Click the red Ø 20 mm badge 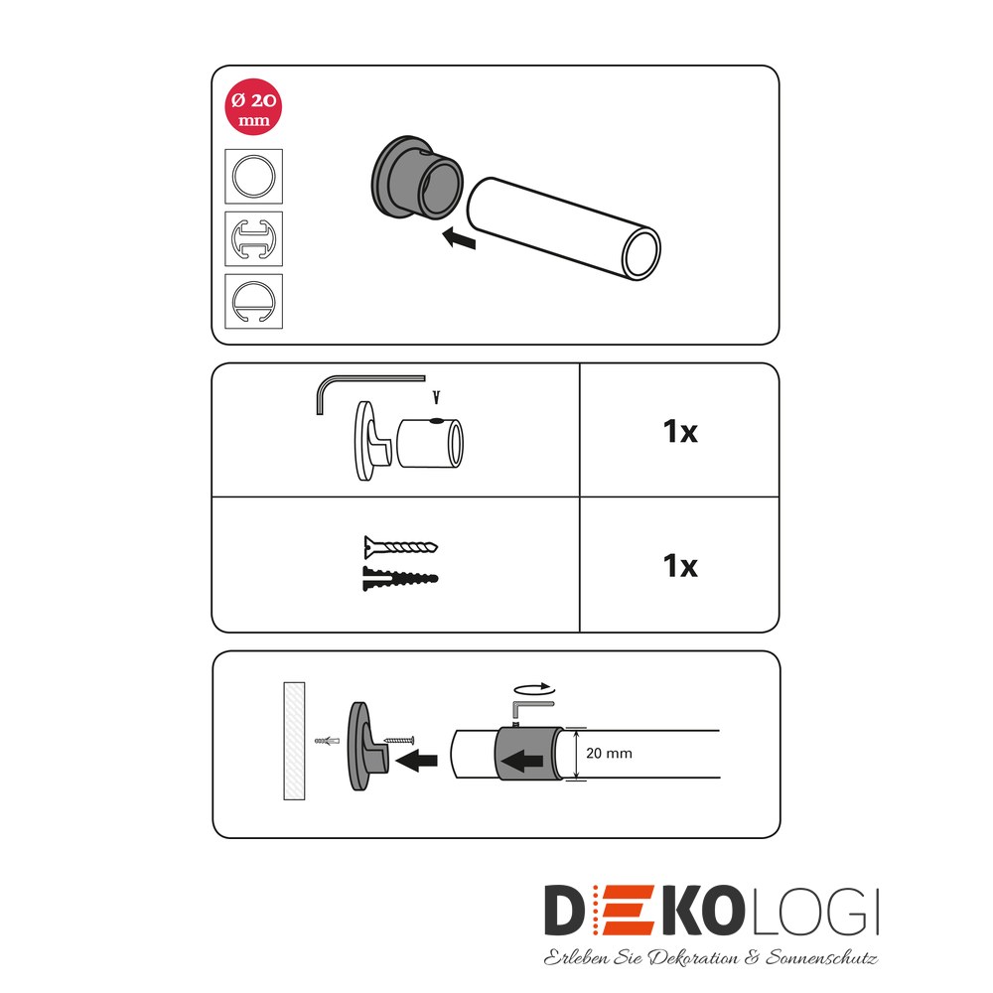(253, 106)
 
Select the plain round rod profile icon (253, 176)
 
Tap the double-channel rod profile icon (253, 238)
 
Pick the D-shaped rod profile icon (253, 302)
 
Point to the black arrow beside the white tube (459, 238)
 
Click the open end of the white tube (640, 253)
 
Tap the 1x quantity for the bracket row (680, 431)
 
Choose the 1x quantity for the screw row (680, 566)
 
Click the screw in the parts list (400, 547)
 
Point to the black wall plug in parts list (399, 579)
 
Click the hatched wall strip (294, 741)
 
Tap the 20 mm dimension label (609, 753)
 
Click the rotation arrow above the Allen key (534, 689)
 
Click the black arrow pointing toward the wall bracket (416, 759)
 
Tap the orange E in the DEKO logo (625, 911)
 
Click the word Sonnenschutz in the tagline (821, 957)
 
